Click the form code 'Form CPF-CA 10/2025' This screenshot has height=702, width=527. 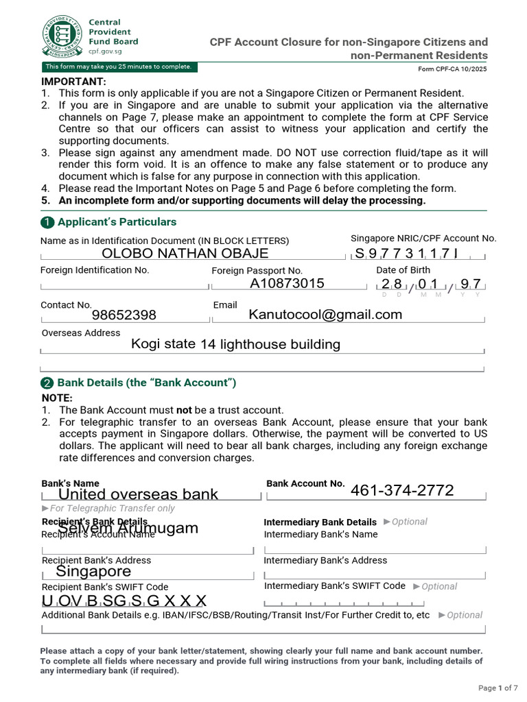452,69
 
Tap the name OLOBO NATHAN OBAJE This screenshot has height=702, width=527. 185,253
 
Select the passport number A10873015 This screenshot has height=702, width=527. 287,283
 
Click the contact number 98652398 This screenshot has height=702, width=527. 124,315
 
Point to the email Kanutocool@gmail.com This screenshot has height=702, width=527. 325,314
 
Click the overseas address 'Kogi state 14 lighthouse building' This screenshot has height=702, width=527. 235,344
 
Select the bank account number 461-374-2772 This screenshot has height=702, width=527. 402,490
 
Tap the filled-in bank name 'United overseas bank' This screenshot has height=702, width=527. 138,494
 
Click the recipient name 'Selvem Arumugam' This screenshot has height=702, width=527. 128,528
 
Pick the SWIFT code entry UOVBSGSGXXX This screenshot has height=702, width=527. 124,601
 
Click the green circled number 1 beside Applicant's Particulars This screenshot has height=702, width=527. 47,222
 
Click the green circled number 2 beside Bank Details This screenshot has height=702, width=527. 47,383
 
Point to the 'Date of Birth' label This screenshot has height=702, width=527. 403,270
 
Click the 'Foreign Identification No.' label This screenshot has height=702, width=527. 95,270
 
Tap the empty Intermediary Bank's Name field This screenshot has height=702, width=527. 375,548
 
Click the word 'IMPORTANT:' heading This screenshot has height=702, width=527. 73,82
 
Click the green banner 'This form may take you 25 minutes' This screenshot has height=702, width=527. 118,67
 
